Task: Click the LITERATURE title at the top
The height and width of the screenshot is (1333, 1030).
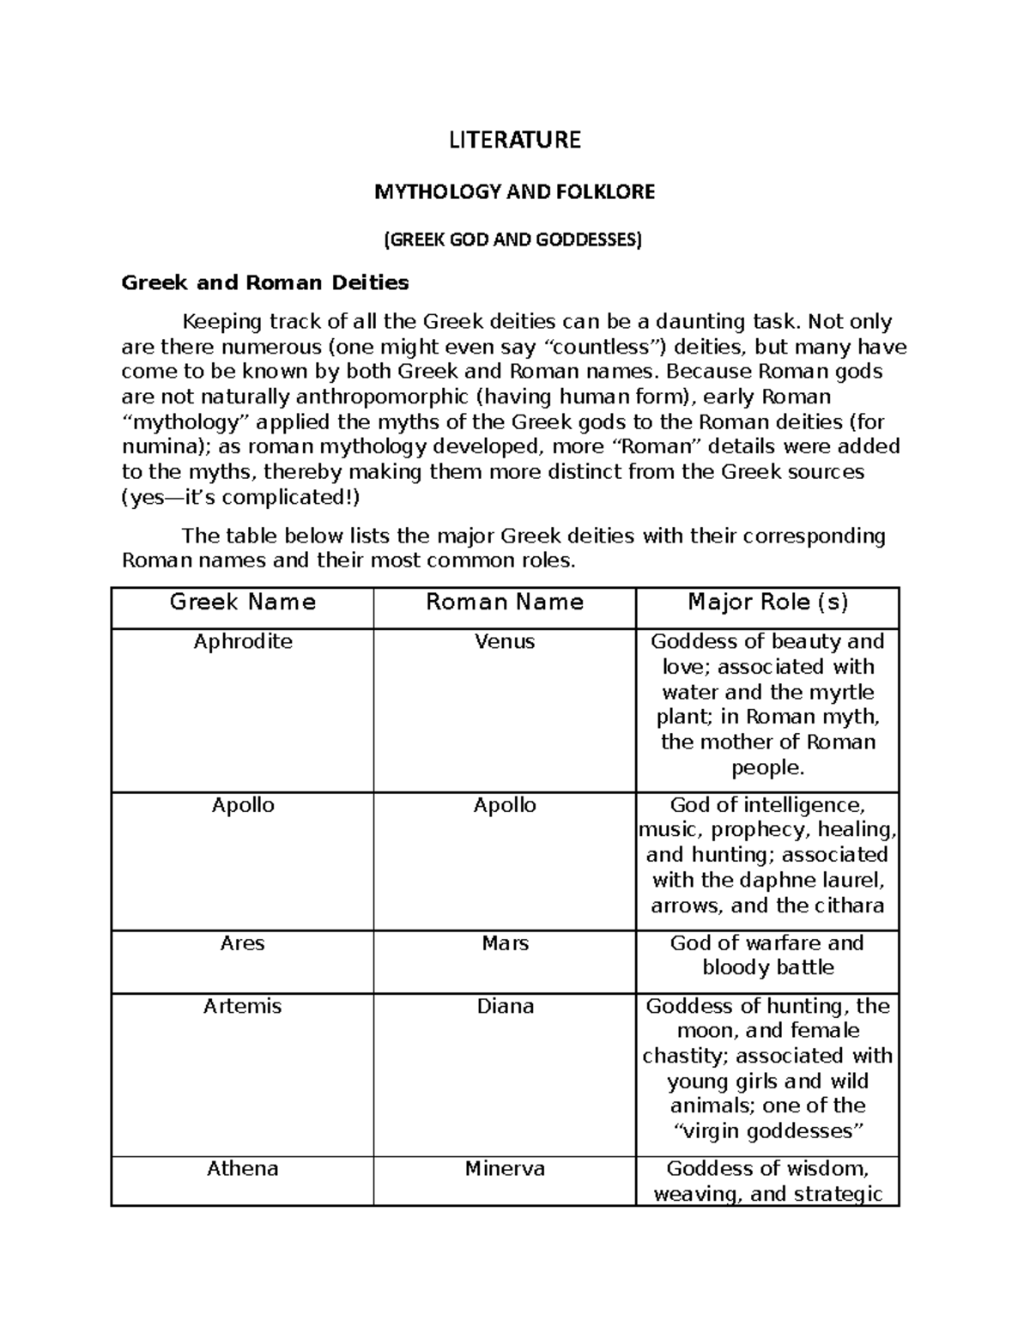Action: coord(515,140)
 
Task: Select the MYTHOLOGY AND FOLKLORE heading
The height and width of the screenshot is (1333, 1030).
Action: coord(514,192)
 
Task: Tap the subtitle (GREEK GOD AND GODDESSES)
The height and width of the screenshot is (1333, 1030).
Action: coord(512,239)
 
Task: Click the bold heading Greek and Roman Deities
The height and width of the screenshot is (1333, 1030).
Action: coord(265,282)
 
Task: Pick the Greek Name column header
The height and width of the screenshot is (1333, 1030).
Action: coord(243,603)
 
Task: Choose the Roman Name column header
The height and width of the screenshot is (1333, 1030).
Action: coord(505,603)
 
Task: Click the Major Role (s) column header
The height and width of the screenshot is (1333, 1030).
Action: coord(767,603)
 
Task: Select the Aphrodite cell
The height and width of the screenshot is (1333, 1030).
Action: coord(243,642)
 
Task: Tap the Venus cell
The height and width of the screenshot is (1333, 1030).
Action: coord(505,642)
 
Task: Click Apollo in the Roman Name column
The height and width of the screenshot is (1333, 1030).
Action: coord(505,805)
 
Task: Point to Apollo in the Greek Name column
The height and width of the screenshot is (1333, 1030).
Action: coord(243,805)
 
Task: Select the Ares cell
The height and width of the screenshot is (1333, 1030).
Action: coord(243,943)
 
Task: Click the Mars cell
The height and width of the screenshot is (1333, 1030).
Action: coord(505,943)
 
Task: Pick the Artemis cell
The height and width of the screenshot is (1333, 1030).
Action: coord(243,1006)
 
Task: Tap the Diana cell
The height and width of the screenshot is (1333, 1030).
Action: coord(505,1006)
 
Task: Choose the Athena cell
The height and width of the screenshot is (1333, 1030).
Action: coord(243,1169)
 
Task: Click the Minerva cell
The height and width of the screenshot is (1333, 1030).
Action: coord(505,1169)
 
